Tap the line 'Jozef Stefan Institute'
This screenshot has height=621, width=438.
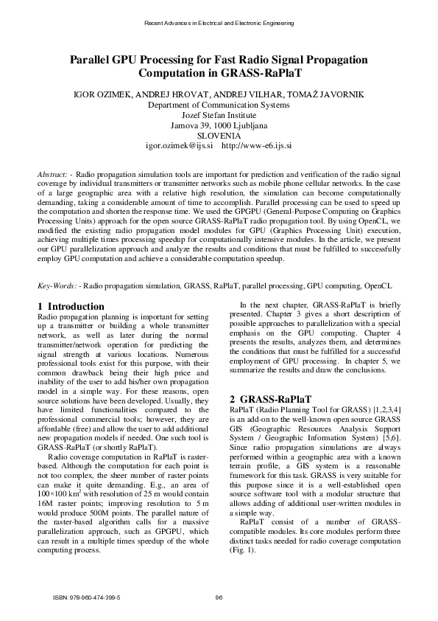click(x=219, y=115)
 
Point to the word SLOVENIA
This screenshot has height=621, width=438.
click(x=219, y=136)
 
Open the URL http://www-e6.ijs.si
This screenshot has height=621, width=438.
click(x=256, y=146)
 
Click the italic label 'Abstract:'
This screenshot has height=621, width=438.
click(x=54, y=173)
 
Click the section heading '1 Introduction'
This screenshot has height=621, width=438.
click(x=71, y=306)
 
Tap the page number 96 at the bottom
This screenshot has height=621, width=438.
click(x=219, y=597)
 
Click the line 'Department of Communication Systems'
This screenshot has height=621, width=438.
click(x=219, y=105)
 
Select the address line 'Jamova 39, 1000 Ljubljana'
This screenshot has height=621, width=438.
click(x=219, y=125)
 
